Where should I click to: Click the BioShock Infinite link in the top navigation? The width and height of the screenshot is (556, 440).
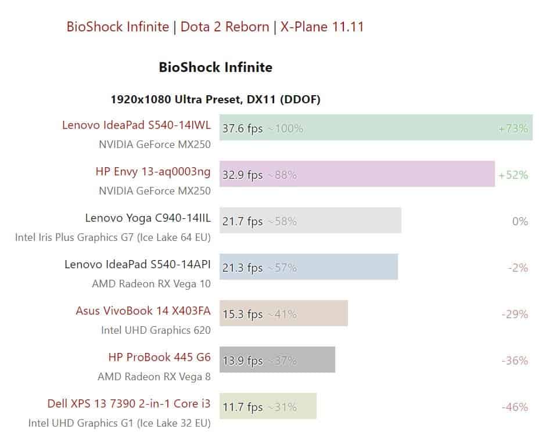117,27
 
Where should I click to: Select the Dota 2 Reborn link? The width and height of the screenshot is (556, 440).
225,27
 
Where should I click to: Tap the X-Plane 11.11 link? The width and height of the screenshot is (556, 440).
322,27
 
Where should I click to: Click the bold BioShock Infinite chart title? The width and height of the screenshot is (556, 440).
216,67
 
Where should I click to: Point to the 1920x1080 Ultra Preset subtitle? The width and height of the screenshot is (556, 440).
216,100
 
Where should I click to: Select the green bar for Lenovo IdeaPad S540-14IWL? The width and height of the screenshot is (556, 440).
376,128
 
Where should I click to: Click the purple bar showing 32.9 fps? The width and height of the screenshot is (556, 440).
357,174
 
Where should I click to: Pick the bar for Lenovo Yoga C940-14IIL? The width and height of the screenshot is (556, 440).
310,221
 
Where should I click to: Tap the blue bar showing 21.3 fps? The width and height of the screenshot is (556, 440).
309,267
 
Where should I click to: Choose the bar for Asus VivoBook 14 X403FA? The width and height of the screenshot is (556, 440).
284,313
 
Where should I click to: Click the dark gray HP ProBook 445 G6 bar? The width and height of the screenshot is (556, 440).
277,360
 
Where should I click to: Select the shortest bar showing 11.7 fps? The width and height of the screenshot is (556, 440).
268,406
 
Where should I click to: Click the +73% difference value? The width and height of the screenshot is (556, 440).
513,129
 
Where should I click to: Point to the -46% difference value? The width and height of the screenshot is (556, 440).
514,407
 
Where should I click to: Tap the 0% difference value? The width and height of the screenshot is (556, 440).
520,222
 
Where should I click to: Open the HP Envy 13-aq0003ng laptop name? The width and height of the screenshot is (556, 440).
153,172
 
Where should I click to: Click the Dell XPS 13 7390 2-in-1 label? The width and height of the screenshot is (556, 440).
129,403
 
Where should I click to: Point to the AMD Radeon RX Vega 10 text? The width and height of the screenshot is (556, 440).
151,284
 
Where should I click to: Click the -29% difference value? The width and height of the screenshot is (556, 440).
514,315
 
